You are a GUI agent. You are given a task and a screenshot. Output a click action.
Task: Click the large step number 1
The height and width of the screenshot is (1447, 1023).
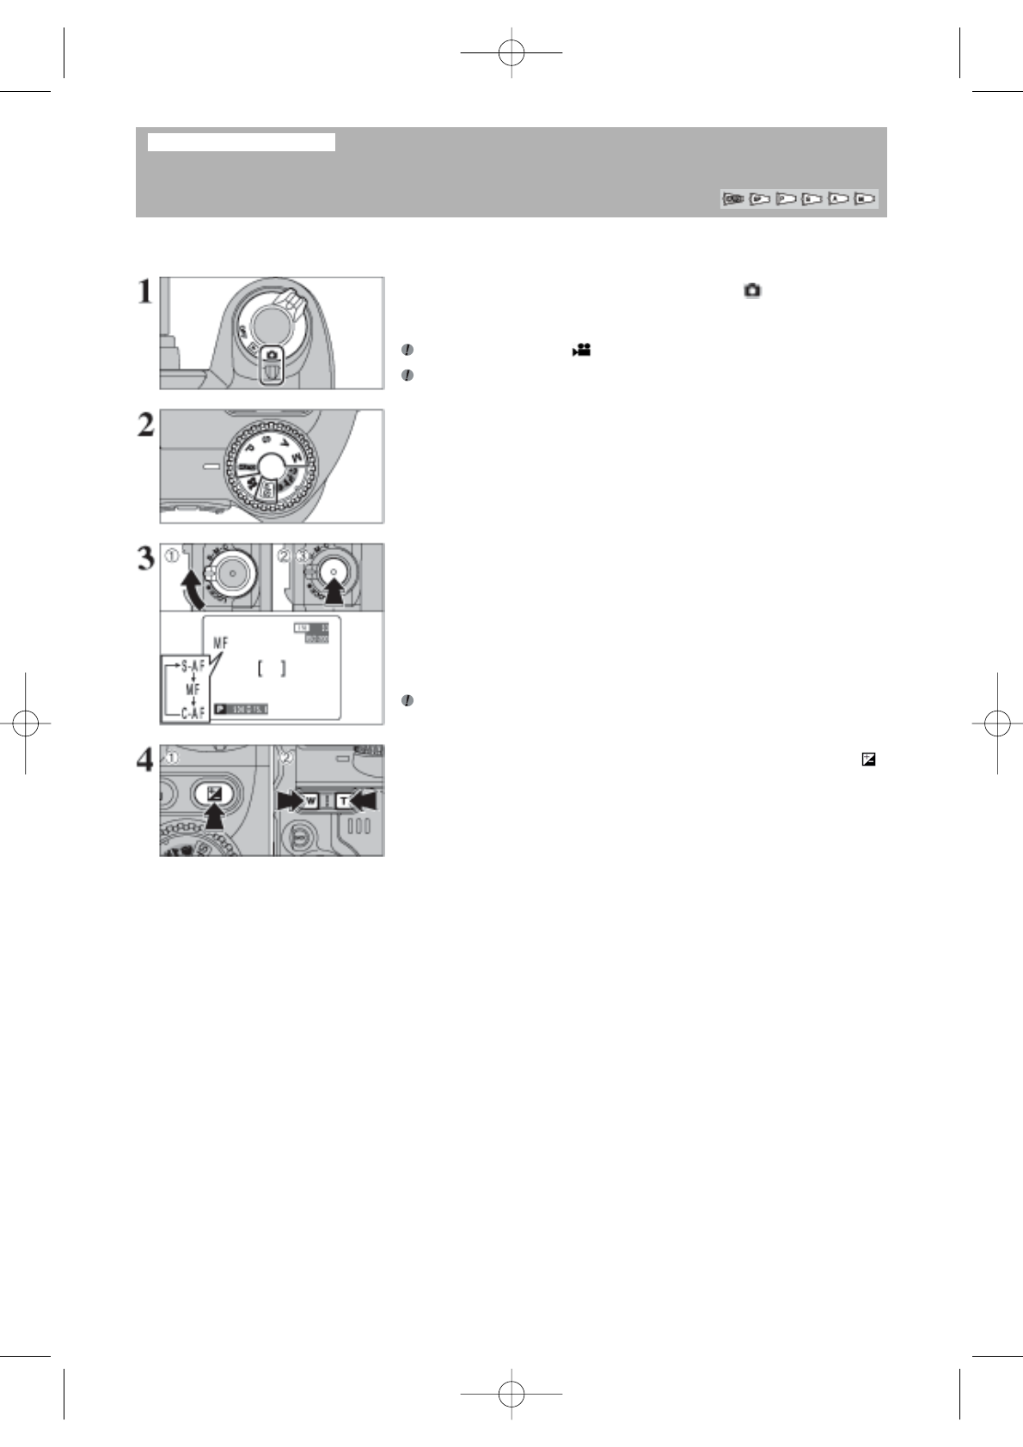click(x=146, y=292)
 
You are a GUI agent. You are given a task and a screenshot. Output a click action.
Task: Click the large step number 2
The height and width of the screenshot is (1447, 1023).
click(x=146, y=424)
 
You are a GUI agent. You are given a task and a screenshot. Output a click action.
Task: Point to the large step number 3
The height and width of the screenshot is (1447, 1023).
click(x=146, y=559)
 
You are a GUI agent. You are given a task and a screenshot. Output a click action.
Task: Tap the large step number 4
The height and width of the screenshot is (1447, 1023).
click(x=146, y=760)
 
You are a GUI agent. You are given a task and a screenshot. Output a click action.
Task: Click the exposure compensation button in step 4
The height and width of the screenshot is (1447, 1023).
click(x=214, y=793)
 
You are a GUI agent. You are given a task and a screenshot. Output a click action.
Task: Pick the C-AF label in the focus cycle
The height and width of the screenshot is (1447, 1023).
click(x=193, y=712)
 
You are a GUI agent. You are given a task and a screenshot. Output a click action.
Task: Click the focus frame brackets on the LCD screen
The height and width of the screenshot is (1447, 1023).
click(x=272, y=669)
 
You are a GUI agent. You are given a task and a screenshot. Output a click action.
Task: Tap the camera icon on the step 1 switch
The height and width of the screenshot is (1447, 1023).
click(x=272, y=355)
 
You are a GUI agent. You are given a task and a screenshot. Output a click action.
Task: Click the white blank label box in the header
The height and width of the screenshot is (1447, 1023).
click(x=241, y=142)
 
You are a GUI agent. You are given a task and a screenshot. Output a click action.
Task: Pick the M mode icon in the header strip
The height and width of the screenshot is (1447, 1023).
click(x=864, y=199)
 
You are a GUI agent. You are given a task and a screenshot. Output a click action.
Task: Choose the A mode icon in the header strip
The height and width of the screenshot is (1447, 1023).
click(x=838, y=199)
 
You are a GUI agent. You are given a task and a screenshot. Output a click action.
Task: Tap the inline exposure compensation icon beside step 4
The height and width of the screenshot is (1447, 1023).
click(x=868, y=760)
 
